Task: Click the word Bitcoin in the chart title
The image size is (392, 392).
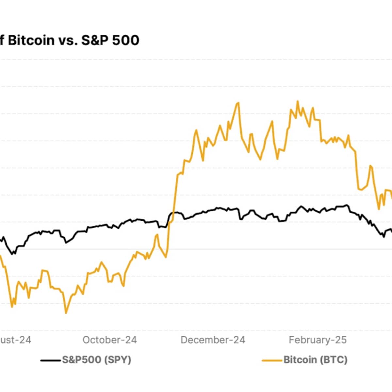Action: click(x=31, y=41)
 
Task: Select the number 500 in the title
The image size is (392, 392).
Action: click(x=126, y=41)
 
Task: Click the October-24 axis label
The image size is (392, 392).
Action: click(x=110, y=340)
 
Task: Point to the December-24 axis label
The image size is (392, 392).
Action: click(x=213, y=340)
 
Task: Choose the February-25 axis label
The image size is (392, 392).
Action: click(x=318, y=340)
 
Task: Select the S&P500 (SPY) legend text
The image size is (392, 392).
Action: click(x=97, y=360)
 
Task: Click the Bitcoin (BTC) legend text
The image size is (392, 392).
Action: click(x=315, y=360)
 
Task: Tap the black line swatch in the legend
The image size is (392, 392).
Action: click(x=51, y=360)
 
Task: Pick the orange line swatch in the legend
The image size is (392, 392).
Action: click(x=272, y=360)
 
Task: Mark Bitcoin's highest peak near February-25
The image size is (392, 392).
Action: click(x=297, y=102)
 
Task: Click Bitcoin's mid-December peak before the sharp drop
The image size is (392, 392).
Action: click(x=238, y=103)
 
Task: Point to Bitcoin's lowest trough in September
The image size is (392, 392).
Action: click(x=66, y=313)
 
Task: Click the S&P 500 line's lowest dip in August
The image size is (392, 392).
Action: click(x=13, y=254)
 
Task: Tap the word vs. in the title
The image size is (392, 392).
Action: click(x=67, y=41)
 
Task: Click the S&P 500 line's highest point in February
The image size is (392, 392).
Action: click(x=347, y=205)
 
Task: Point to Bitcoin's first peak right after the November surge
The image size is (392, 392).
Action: click(x=196, y=130)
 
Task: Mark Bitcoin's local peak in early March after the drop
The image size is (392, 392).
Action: click(x=370, y=166)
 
